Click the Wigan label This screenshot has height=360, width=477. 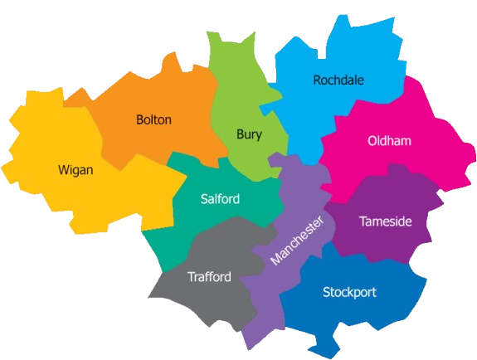[75, 170]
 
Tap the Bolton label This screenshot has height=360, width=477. [153, 119]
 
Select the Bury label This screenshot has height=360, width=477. [249, 134]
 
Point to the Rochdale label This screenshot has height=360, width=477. [338, 80]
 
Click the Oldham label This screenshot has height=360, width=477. [389, 141]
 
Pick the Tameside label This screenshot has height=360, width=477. [385, 221]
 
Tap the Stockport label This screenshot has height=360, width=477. [349, 292]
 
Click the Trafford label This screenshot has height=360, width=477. [209, 277]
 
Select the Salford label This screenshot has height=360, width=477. [220, 199]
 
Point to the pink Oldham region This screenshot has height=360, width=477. [423, 166]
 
